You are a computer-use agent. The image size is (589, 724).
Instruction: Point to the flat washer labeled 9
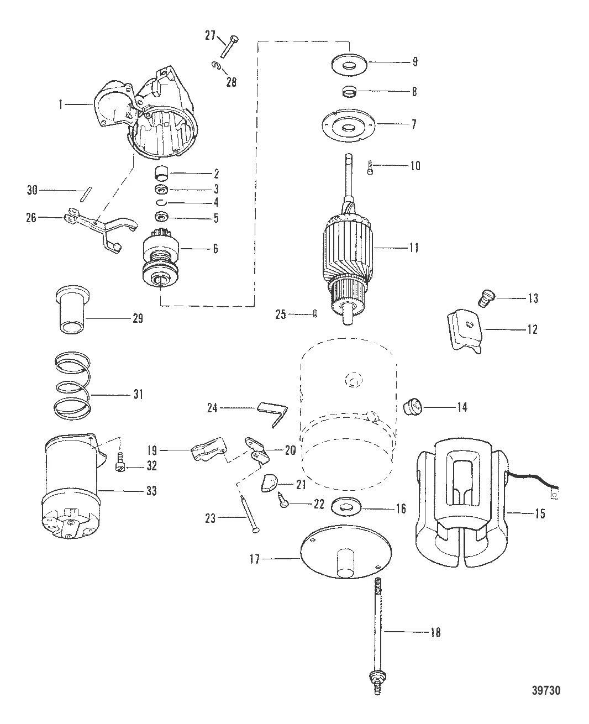348,62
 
